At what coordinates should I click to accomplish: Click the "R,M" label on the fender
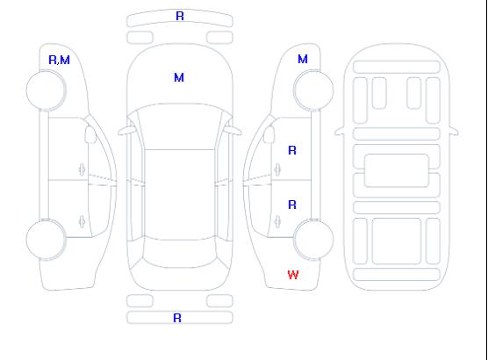pos(59,60)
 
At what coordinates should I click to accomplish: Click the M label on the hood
pos(179,77)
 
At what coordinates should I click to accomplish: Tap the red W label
pos(293,275)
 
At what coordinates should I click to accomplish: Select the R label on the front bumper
pos(180,16)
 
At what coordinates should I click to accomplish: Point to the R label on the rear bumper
pos(177,318)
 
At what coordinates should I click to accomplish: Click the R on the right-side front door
pos(292,150)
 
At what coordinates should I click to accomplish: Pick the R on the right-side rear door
pos(292,205)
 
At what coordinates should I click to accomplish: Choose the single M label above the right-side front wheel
pos(303,59)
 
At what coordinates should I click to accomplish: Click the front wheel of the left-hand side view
pos(46,90)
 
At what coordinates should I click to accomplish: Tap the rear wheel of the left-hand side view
pos(46,240)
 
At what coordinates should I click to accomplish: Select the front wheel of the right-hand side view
pos(313,90)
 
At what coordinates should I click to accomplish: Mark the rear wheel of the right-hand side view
pos(313,240)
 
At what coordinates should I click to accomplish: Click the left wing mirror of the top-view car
pos(126,131)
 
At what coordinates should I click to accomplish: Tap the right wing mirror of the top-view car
pos(233,131)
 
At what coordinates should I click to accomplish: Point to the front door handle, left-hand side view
pos(82,170)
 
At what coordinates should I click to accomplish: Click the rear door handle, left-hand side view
pos(82,221)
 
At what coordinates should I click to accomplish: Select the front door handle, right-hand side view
pos(277,170)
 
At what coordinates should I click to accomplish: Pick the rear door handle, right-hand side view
pos(277,221)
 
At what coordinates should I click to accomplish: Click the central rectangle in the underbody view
pos(397,170)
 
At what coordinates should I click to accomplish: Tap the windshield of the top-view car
pos(180,126)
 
